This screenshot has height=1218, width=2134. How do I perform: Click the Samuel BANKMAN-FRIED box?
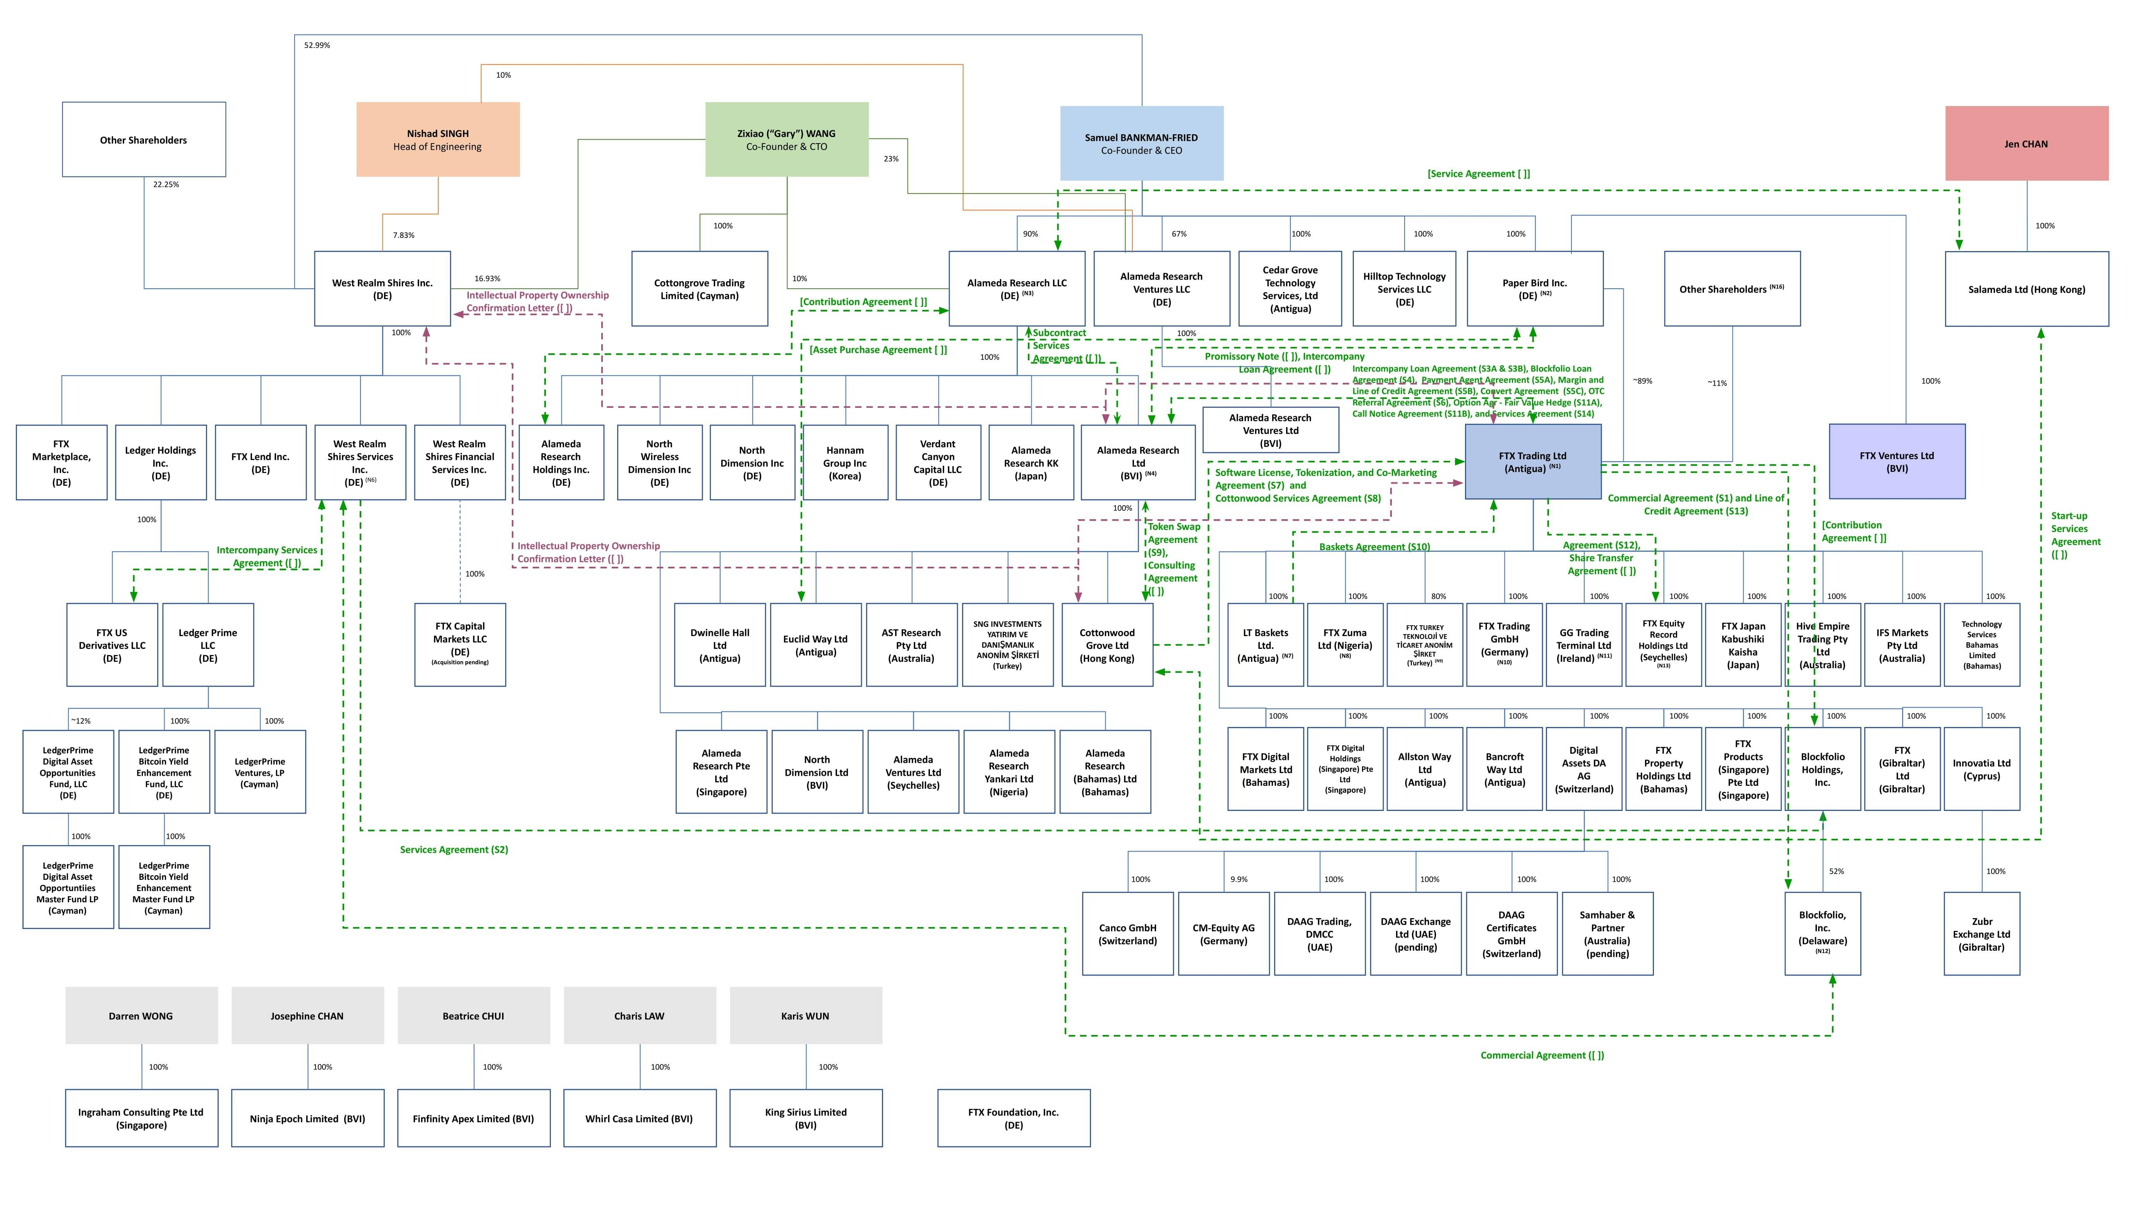[x=1141, y=143]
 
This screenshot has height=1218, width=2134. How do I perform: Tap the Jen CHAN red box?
[x=2025, y=143]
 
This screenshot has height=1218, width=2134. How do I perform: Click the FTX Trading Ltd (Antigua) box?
[x=1532, y=462]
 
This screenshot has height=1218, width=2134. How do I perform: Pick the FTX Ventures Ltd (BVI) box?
[x=1896, y=462]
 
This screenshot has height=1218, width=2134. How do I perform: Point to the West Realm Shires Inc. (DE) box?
[x=382, y=289]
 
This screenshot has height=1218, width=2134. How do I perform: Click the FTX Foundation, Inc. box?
[x=1012, y=1118]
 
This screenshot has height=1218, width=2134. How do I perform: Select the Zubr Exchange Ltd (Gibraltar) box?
[x=1981, y=934]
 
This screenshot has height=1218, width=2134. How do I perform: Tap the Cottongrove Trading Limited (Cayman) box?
[x=699, y=289]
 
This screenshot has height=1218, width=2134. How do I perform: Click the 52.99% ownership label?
[x=316, y=45]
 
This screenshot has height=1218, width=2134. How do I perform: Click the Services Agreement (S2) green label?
[x=454, y=849]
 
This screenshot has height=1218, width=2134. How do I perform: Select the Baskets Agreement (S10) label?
[x=1374, y=546]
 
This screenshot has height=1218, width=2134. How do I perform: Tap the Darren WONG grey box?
[x=141, y=1016]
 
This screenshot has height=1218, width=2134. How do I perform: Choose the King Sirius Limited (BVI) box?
[x=805, y=1118]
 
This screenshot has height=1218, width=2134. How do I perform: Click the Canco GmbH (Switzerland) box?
[x=1127, y=934]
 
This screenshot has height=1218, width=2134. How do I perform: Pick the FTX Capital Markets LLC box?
[x=460, y=644]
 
